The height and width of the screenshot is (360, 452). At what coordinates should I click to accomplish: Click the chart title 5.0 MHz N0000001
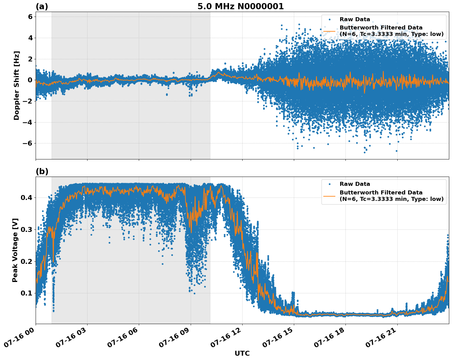coord(240,6)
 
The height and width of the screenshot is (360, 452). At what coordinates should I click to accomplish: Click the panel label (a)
coord(42,6)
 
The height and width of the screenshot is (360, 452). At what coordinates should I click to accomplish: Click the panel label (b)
coord(42,171)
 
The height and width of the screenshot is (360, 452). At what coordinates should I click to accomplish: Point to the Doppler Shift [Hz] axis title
coord(17,85)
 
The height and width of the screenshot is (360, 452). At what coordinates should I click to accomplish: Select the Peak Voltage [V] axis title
coord(15,250)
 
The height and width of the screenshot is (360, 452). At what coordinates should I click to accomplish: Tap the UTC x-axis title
coord(242,354)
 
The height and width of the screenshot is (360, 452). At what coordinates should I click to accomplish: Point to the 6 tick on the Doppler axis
coord(30,17)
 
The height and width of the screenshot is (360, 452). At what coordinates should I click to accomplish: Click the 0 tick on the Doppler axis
coord(30,80)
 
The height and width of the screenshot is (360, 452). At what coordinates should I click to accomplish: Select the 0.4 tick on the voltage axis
coord(27,198)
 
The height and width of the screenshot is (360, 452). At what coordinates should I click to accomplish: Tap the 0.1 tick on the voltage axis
coord(27,293)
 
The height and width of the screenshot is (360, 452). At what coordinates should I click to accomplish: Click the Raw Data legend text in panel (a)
coord(355,19)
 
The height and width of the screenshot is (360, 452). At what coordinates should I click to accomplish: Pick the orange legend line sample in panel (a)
coord(329,31)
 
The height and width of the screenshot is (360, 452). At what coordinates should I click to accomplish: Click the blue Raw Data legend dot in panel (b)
coord(329,184)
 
